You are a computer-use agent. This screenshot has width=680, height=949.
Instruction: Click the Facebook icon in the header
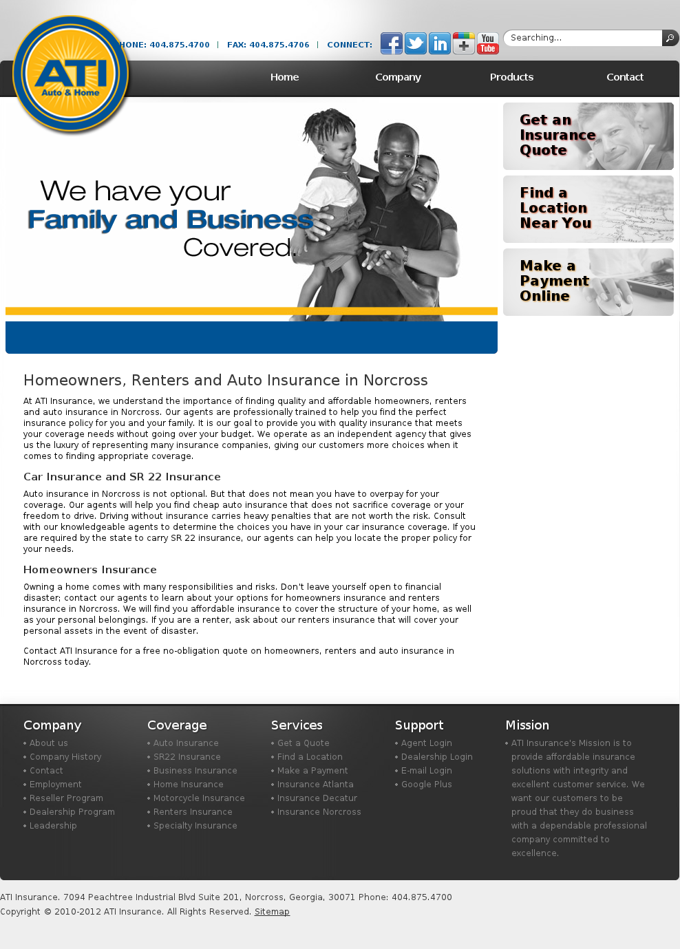392,43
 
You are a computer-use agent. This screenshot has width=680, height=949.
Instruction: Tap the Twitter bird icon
416,43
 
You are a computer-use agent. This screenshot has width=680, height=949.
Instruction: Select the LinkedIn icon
440,43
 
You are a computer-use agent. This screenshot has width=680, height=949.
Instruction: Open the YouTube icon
488,43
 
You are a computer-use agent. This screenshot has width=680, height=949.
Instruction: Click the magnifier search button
670,38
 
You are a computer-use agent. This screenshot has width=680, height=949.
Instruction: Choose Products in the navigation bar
511,77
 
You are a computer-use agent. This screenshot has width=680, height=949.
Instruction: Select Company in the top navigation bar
398,77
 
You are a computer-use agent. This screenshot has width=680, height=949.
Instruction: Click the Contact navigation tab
625,77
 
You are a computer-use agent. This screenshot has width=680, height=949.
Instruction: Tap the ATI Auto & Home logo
70,74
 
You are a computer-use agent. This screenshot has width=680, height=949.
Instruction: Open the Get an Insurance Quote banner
588,136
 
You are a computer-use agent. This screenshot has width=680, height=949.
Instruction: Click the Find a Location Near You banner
588,209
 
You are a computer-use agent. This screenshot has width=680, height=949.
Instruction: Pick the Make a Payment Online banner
588,282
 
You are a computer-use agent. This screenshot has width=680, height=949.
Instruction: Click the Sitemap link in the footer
272,912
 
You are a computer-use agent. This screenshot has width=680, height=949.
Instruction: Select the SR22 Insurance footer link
187,757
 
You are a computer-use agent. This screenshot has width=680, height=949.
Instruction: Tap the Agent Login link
426,743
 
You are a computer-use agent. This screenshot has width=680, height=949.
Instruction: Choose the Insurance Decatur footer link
317,798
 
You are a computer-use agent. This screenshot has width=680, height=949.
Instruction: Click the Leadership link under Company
53,826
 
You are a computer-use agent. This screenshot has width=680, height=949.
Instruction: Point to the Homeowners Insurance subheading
90,570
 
